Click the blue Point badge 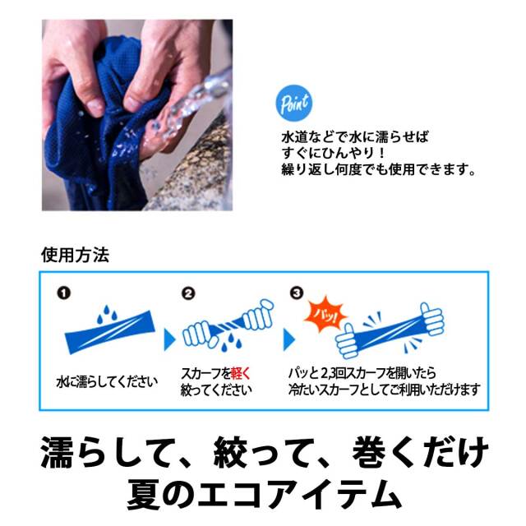tap(294, 103)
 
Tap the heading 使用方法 tap(75, 255)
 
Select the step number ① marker tap(64, 293)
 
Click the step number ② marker tap(188, 293)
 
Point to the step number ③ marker tap(297, 293)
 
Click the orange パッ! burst tap(325, 314)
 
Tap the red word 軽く tap(241, 373)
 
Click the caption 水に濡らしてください tap(107, 382)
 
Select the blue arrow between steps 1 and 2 tap(169, 339)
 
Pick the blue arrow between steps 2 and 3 tap(288, 339)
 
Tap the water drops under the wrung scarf tap(232, 342)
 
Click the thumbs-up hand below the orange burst tap(347, 342)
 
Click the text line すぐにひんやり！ tap(333, 153)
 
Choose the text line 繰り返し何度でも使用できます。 tap(379, 169)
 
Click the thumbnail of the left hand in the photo tap(95, 106)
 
